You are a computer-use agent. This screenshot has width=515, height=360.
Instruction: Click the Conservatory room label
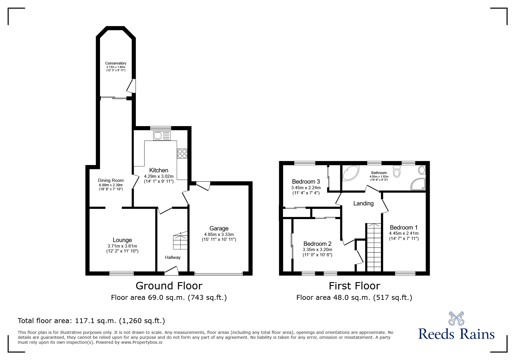[116, 63]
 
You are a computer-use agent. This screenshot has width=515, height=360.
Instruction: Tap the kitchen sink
[162, 136]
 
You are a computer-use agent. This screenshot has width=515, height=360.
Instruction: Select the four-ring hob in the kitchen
[182, 153]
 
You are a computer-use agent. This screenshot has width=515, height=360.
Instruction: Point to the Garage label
[219, 228]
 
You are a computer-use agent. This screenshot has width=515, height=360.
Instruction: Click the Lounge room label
[122, 240]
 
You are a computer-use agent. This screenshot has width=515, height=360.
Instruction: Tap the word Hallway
[173, 257]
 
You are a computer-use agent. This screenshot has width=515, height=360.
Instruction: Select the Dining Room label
[111, 180]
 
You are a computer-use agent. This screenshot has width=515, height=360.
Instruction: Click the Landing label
[363, 203]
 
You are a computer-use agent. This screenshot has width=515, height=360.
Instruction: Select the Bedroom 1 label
[404, 228]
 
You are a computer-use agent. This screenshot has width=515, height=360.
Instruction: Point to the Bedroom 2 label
[317, 244]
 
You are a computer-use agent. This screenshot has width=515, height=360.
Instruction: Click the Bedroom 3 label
[306, 182]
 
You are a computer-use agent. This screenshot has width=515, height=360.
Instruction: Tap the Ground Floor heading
[169, 286]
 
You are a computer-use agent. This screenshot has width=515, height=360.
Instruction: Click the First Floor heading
[354, 286]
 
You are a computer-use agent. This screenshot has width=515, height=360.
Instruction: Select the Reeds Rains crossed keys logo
[456, 319]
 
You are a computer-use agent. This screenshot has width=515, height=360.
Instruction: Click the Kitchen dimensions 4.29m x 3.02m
[159, 176]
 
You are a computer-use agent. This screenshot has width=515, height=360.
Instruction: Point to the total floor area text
[91, 321]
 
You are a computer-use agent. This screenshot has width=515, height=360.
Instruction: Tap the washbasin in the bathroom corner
[421, 170]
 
